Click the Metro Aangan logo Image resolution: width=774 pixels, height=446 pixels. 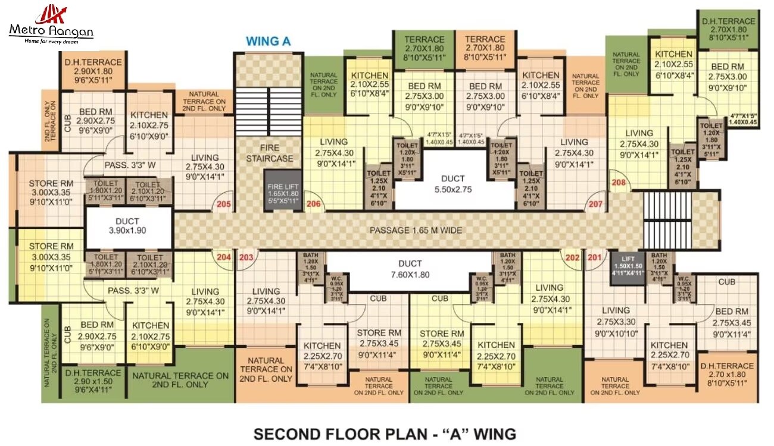[51, 24]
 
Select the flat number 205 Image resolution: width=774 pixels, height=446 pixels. [224, 205]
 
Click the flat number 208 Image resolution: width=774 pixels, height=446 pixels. [619, 183]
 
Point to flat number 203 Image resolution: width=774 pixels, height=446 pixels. [246, 257]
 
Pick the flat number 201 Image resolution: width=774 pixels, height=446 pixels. [594, 257]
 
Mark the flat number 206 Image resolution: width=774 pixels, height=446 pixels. [314, 205]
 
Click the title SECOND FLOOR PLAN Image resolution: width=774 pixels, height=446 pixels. [385, 434]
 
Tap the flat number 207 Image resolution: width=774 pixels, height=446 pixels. [595, 205]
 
